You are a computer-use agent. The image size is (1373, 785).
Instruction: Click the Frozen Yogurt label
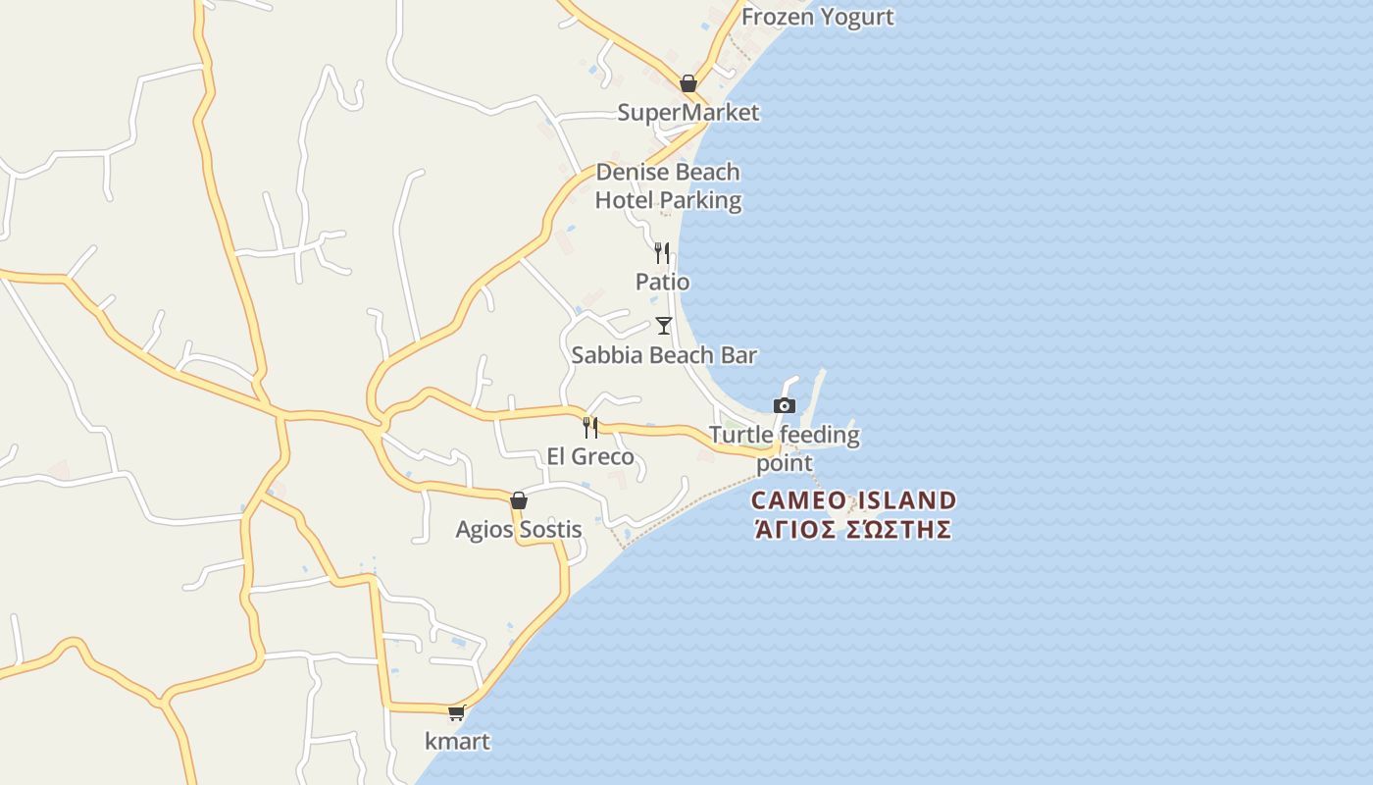[817, 17]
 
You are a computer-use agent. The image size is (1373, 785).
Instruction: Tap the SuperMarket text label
[687, 113]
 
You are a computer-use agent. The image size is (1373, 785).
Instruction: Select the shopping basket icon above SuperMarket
[688, 83]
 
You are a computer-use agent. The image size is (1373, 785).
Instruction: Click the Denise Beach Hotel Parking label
[668, 186]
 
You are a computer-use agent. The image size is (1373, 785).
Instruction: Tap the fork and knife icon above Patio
[662, 253]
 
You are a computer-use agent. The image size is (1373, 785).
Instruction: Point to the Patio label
[662, 283]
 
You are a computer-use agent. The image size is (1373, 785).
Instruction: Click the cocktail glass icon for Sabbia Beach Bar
[664, 326]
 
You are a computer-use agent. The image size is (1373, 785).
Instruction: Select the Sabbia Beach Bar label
[664, 355]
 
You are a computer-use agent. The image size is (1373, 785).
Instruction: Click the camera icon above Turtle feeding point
[785, 405]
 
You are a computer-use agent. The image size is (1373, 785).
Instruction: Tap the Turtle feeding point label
[784, 447]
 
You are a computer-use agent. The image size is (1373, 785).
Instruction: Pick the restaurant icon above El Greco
[590, 428]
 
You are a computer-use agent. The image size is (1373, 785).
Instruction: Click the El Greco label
[590, 457]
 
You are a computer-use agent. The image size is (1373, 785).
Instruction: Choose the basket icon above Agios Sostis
[519, 501]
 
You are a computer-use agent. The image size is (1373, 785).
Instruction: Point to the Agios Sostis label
[519, 530]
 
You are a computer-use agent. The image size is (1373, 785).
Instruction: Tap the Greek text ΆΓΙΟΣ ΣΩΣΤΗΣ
[853, 530]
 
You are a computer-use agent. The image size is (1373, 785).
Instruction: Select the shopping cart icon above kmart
[456, 713]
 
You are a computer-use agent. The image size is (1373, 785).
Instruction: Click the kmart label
[457, 742]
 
